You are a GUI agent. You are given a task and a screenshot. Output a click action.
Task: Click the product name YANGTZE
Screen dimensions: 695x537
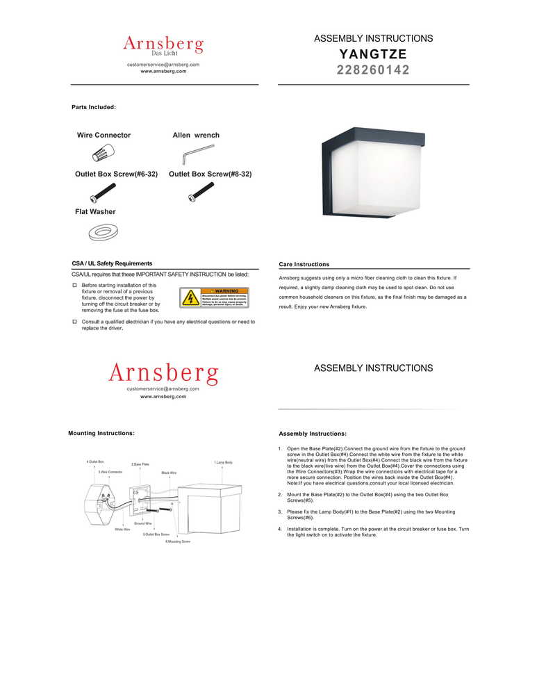pyautogui.click(x=373, y=54)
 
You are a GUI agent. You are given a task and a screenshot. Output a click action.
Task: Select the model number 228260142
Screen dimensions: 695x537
pyautogui.click(x=373, y=70)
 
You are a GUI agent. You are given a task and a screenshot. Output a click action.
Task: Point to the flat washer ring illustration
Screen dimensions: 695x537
pyautogui.click(x=103, y=231)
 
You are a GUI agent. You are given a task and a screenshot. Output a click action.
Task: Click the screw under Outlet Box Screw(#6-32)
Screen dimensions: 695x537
pyautogui.click(x=102, y=191)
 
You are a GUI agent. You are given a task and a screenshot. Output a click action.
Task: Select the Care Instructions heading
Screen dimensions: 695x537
pyautogui.click(x=304, y=265)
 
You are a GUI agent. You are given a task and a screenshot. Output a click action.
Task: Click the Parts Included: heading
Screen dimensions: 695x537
pyautogui.click(x=94, y=107)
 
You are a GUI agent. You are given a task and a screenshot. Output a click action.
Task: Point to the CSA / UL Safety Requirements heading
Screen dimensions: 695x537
pyautogui.click(x=112, y=264)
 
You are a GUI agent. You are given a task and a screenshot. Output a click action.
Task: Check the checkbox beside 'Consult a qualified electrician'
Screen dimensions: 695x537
pyautogui.click(x=74, y=322)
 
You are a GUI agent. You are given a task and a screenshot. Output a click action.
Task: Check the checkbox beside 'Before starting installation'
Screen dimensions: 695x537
pyautogui.click(x=74, y=286)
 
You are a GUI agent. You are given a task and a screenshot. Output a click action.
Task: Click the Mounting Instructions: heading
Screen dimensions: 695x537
pyautogui.click(x=101, y=433)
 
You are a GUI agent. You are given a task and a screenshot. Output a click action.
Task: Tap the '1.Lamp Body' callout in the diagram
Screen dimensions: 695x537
pyautogui.click(x=223, y=462)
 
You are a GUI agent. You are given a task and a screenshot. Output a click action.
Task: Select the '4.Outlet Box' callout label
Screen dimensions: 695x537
pyautogui.click(x=95, y=461)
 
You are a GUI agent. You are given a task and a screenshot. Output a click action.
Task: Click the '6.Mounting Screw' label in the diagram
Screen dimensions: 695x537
pyautogui.click(x=178, y=541)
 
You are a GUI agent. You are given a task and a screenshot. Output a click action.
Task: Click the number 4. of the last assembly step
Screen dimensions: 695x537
pyautogui.click(x=279, y=529)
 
